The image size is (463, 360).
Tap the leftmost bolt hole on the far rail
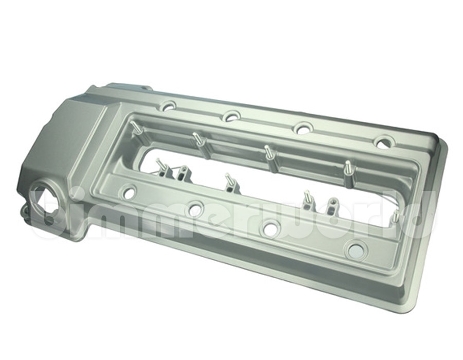pyautogui.click(x=167, y=106)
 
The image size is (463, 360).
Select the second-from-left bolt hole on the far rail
pyautogui.click(x=232, y=116)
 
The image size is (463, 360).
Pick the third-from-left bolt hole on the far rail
pyautogui.click(x=303, y=129)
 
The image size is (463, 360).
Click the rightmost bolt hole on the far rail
pyautogui.click(x=383, y=142)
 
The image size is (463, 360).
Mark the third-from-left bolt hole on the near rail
pyautogui.click(x=271, y=228)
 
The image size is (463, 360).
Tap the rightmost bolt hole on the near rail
pyautogui.click(x=355, y=250)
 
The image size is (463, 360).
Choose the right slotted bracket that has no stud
pyautogui.click(x=332, y=205)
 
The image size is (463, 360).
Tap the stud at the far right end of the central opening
pyautogui.click(x=395, y=216)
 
